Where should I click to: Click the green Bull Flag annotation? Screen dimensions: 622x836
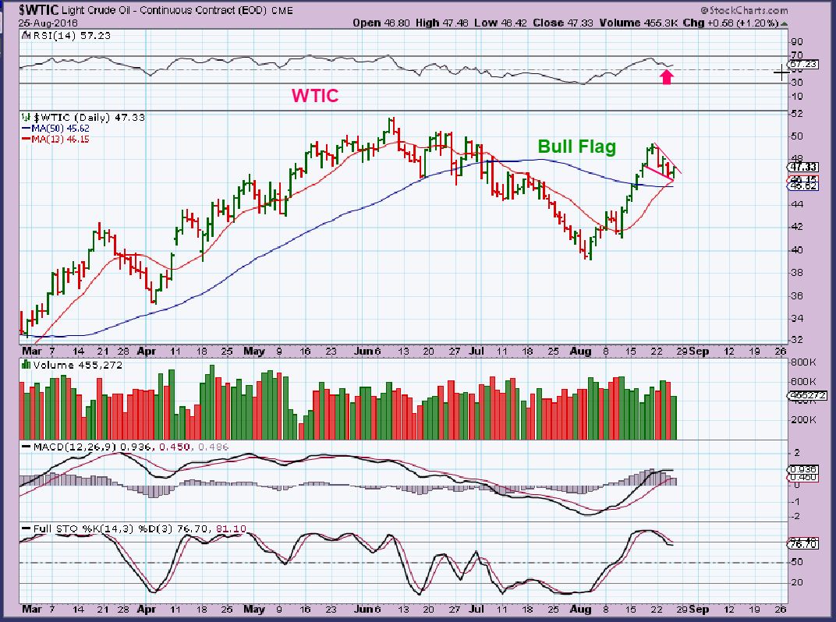pos(576,147)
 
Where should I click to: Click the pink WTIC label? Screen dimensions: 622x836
pos(315,96)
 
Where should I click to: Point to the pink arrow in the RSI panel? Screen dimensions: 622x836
pos(666,76)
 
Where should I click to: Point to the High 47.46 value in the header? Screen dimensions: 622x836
pos(441,23)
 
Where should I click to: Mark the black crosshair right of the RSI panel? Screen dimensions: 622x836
pos(781,72)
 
